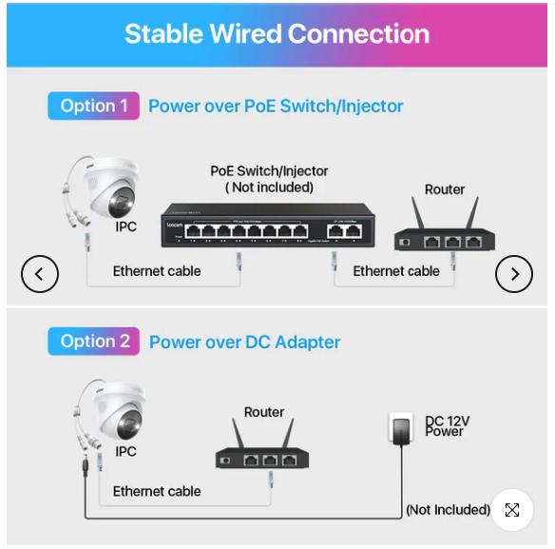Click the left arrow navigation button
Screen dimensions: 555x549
40,274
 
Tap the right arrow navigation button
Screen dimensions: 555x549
514,274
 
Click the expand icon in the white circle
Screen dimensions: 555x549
512,510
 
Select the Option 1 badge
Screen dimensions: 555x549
94,106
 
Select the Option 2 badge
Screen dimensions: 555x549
94,342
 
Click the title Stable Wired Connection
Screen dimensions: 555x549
277,34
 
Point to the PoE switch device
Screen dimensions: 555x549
268,225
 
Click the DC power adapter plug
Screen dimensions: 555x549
401,429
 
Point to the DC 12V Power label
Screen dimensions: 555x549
447,426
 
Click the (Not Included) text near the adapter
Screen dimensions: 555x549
448,510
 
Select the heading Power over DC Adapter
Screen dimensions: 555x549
245,343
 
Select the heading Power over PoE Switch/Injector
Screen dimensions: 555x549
276,107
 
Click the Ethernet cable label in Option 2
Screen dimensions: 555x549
157,492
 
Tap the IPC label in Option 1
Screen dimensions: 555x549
126,226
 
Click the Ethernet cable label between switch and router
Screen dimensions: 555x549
396,271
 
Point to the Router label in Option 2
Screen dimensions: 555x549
264,412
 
